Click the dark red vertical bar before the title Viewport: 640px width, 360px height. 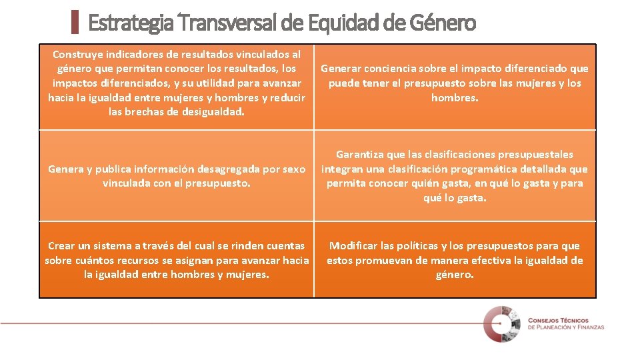click(x=75, y=22)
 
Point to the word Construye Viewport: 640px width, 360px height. click(x=79, y=54)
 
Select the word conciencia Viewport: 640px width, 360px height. click(x=394, y=69)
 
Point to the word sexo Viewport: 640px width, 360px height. click(x=293, y=169)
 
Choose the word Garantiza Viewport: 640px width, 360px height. click(x=361, y=155)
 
